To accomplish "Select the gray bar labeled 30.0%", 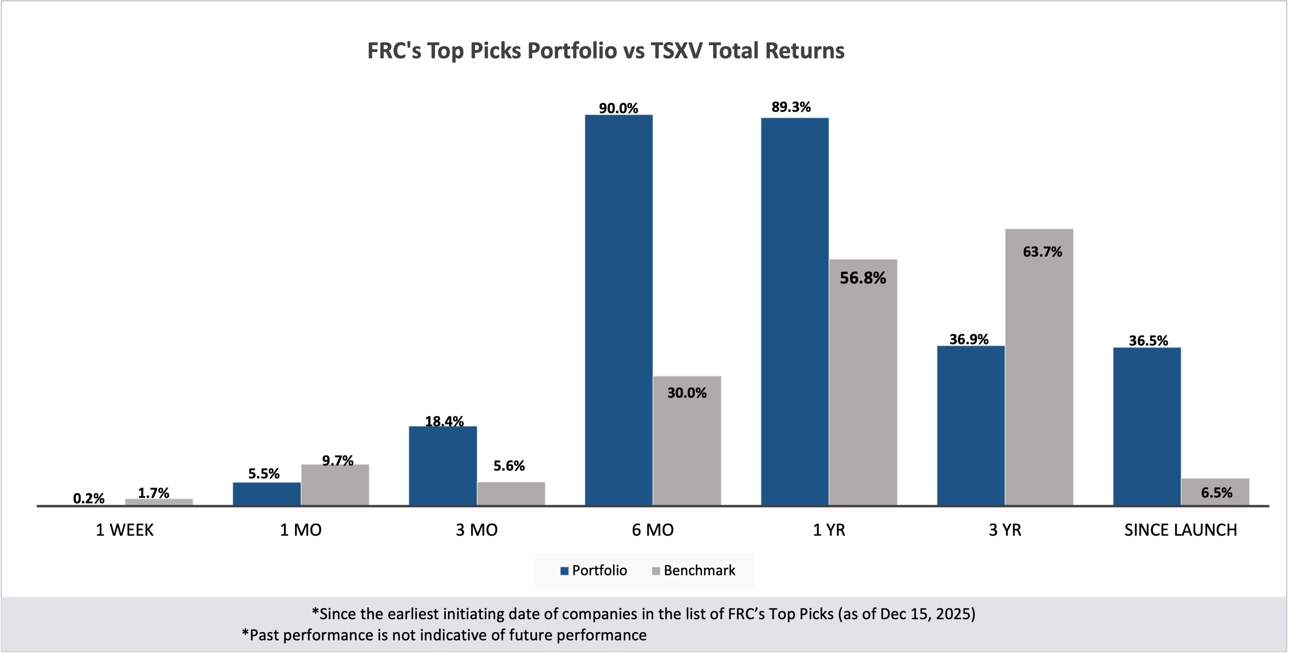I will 687,440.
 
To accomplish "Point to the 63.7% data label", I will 1042,252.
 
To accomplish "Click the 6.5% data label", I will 1216,493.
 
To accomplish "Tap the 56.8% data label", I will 863,278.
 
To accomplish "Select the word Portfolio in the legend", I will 599,571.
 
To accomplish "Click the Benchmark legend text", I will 699,571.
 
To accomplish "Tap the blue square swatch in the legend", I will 564,571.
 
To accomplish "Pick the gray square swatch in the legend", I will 656,571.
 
